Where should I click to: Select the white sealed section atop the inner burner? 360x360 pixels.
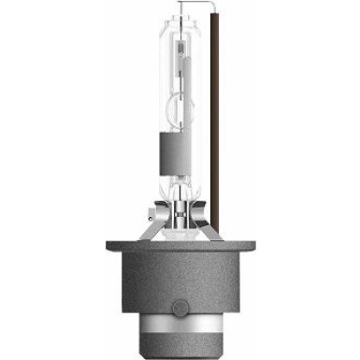(x=180, y=56)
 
